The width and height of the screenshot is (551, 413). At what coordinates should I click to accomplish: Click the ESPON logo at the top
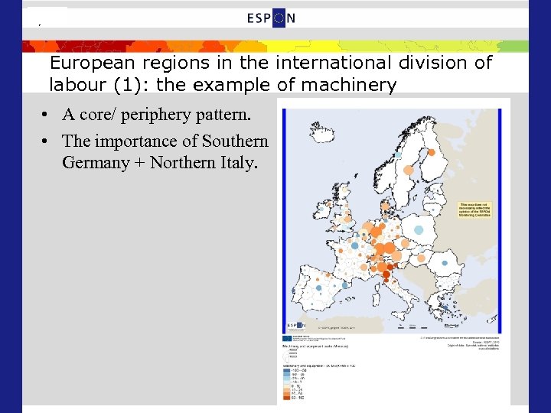pyautogui.click(x=272, y=18)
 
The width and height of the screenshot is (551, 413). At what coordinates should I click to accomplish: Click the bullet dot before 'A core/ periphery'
pyautogui.click(x=47, y=116)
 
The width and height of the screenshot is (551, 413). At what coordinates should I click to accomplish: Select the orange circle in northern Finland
pyautogui.click(x=432, y=152)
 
